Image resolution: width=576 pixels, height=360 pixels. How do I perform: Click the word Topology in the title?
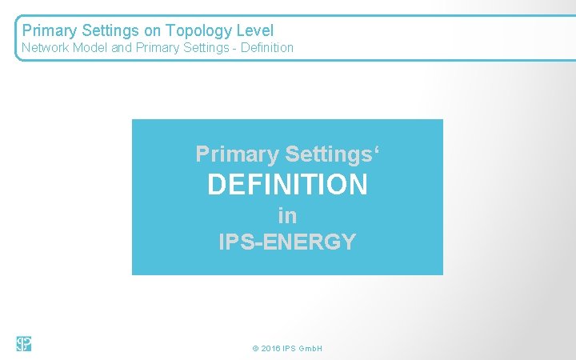coord(198,31)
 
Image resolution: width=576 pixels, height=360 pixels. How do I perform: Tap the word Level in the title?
coord(254,31)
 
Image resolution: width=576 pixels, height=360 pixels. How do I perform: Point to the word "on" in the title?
coord(154,31)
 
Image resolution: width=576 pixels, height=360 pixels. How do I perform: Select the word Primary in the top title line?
coord(48,31)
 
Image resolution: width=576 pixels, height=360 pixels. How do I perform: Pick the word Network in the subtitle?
coord(43,48)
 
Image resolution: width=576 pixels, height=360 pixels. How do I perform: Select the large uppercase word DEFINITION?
coord(287,185)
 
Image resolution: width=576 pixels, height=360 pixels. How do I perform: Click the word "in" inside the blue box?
coord(287,215)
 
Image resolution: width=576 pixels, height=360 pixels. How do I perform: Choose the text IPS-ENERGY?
coord(287,242)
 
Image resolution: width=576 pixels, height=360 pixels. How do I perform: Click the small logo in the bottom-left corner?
coord(23,344)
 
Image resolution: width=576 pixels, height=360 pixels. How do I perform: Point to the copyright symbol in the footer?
coord(255,350)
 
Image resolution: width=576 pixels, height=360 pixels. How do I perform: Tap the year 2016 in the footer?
coord(270,350)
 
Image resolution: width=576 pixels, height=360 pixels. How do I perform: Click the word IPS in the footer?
coord(288,350)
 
